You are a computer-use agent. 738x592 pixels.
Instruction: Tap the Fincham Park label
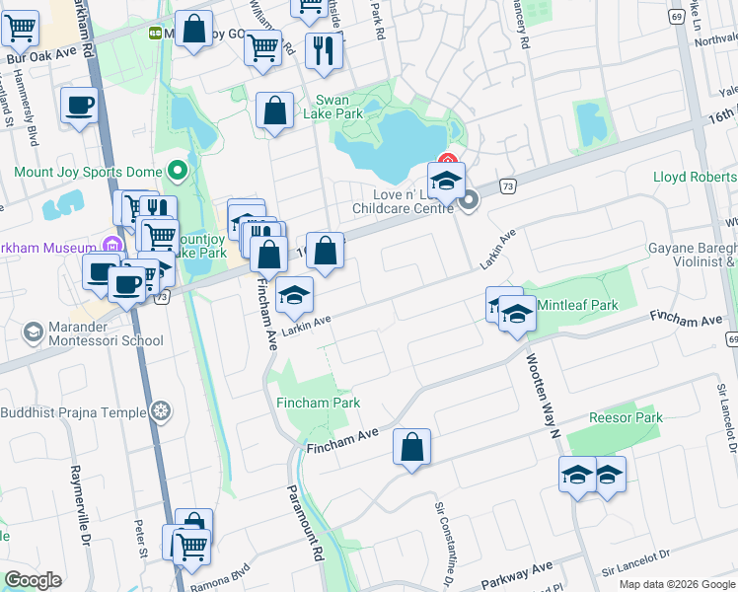[318, 403]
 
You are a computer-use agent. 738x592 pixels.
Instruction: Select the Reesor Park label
[626, 417]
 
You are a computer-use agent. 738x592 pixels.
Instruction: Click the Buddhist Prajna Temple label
[73, 411]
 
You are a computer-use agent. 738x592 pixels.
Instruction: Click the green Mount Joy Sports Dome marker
[178, 172]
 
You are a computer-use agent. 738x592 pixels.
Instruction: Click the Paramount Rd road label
[306, 523]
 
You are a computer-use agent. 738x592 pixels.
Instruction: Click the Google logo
[33, 580]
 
